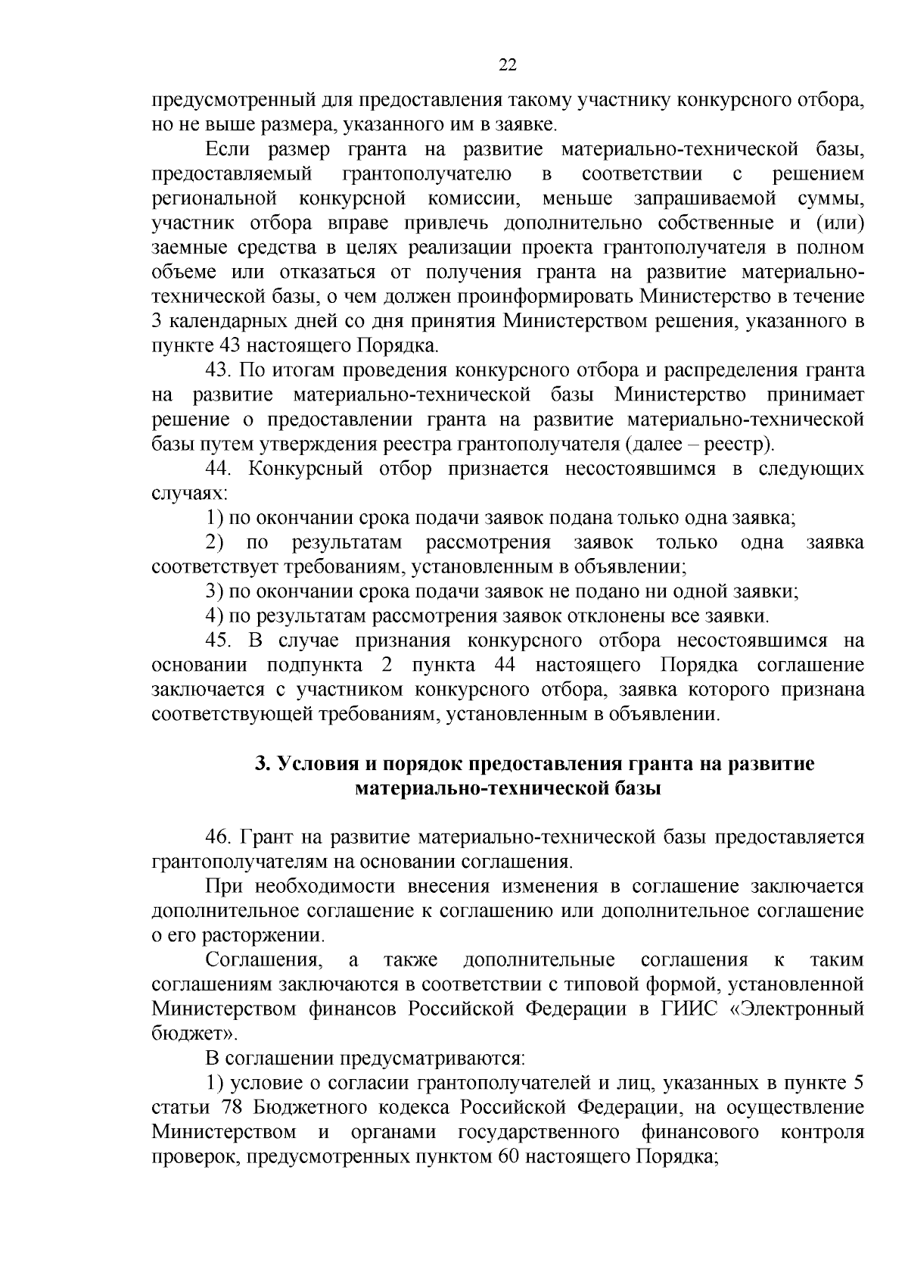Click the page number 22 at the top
coord(508,66)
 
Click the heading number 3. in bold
coord(262,764)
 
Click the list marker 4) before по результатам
coord(213,616)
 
